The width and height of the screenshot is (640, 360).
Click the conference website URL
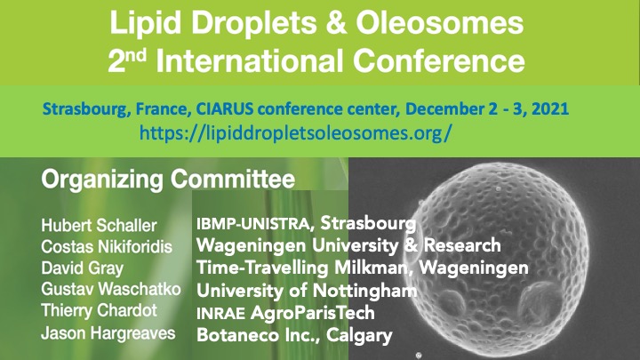click(295, 132)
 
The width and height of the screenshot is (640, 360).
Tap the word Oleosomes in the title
click(440, 23)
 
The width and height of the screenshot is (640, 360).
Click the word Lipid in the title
click(145, 24)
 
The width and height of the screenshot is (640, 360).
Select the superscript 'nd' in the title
click(136, 55)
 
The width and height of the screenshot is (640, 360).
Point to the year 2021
click(550, 109)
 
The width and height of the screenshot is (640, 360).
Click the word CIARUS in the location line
click(225, 109)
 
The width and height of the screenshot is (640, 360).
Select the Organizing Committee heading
click(168, 180)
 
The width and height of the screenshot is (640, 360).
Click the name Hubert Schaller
click(99, 225)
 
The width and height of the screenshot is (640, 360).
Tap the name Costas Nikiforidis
click(107, 246)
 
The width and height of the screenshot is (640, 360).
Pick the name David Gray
click(82, 268)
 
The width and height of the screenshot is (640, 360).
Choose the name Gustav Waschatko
click(111, 289)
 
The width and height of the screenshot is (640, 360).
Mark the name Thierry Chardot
click(100, 310)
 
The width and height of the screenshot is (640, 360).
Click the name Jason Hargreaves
click(108, 333)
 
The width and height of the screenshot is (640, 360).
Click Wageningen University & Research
click(348, 245)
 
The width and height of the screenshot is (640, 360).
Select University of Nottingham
click(307, 291)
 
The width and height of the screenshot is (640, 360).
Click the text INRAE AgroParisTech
click(285, 313)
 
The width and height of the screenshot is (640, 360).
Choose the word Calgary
click(359, 335)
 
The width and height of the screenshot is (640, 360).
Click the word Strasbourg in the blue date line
click(87, 109)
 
